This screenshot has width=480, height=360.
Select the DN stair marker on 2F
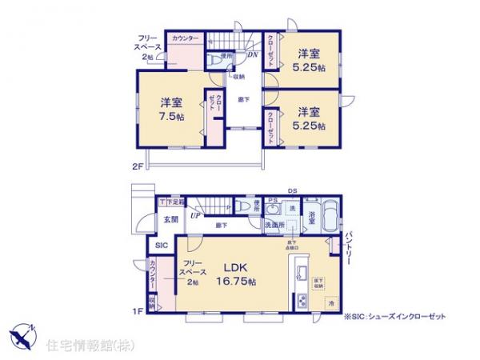(x=252, y=55)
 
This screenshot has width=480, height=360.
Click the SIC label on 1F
(x=161, y=246)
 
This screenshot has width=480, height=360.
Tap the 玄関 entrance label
(x=171, y=219)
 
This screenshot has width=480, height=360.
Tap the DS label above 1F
(x=294, y=190)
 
